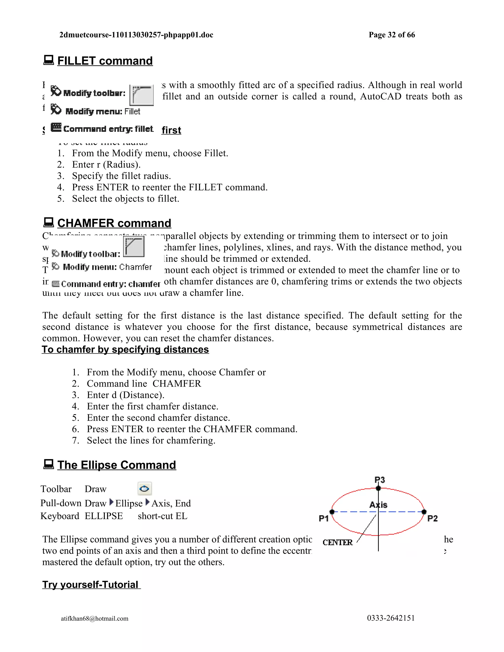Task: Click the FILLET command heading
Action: click(x=105, y=61)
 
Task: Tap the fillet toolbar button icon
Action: click(x=142, y=95)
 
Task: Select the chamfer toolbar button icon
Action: click(x=134, y=247)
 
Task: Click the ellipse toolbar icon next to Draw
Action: click(x=144, y=489)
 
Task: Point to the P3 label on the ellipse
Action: click(x=380, y=480)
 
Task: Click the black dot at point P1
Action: click(x=332, y=512)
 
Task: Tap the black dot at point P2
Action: click(x=424, y=512)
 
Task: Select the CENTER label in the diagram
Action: click(x=337, y=543)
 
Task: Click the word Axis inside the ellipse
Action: click(x=378, y=505)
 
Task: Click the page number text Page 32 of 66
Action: click(x=392, y=35)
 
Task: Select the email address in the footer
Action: click(x=95, y=618)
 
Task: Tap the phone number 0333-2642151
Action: click(x=391, y=618)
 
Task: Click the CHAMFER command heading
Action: click(x=114, y=223)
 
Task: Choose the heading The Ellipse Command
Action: click(x=116, y=465)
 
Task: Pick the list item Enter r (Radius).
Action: click(x=106, y=165)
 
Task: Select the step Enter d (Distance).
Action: click(x=126, y=395)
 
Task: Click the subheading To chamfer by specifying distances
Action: click(x=126, y=350)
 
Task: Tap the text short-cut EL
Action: click(x=162, y=516)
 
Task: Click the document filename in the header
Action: click(x=136, y=35)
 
